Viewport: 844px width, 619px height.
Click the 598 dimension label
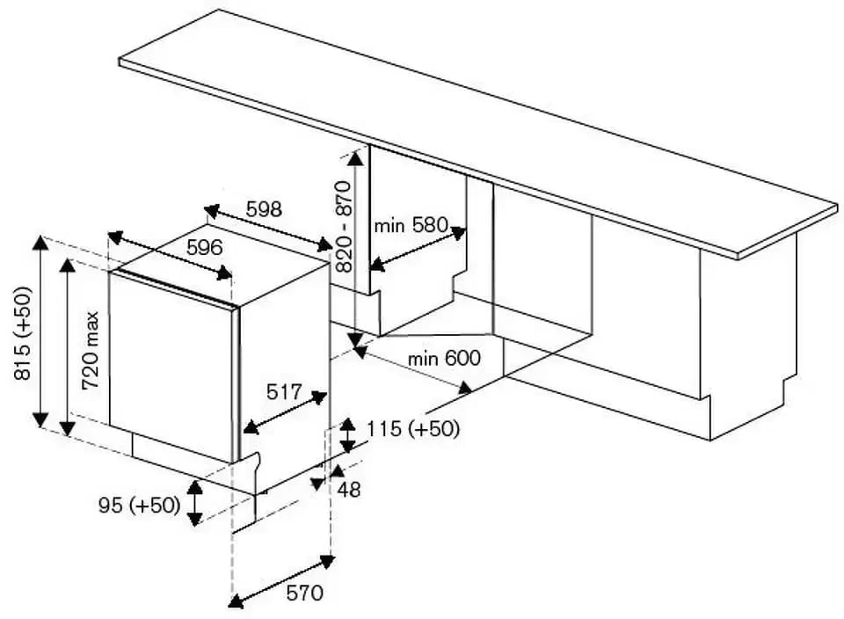coord(264,209)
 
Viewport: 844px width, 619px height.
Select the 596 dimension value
coord(204,248)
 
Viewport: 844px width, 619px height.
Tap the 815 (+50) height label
coord(24,333)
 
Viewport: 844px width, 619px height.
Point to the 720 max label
coord(91,351)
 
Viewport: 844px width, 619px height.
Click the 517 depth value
coord(284,391)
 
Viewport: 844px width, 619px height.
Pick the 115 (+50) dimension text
coord(412,429)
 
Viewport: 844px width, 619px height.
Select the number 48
coord(349,490)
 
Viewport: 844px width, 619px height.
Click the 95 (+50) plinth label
coord(139,506)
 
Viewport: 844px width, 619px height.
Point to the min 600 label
coord(444,358)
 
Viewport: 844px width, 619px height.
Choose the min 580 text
coord(411,226)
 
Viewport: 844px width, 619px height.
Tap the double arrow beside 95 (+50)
coord(195,502)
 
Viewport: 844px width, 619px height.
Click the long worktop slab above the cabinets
coord(475,132)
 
